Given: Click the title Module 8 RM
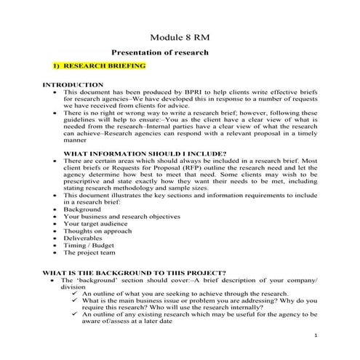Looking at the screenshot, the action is (180, 37).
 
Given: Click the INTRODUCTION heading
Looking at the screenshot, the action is (73, 85).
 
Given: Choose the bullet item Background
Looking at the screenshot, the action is (82, 208).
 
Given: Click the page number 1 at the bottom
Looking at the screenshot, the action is (318, 335).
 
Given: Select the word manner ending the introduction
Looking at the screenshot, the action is (76, 143).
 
